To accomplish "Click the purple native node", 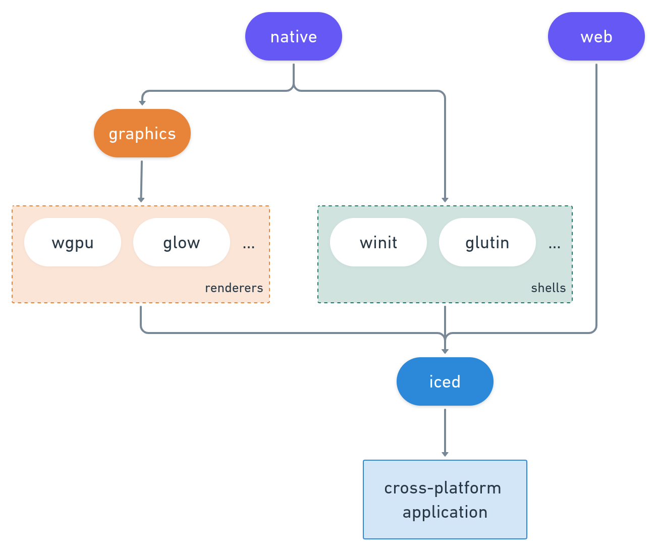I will point(294,36).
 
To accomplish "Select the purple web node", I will point(596,36).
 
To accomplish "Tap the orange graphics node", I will point(142,133).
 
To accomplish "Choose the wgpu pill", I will point(73,242).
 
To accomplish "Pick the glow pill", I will point(182,242).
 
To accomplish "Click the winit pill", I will point(378,242).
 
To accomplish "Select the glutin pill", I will point(487,242).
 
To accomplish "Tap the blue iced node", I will point(445,381).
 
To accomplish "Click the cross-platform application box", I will point(445,500).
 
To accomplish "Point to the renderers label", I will point(234,288).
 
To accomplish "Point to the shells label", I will point(548,288).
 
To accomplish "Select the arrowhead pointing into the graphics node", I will point(142,103).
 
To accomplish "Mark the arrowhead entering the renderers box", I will point(141,200).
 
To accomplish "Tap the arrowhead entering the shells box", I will point(445,200).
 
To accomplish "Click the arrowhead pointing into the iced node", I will point(445,351).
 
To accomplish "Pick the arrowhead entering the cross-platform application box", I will point(445,454).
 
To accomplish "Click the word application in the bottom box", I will point(445,512).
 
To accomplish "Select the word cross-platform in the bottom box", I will point(443,488).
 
